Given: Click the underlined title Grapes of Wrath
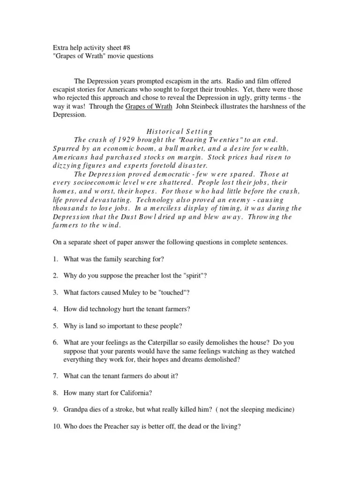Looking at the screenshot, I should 147,106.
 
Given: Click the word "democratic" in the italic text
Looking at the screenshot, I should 154,173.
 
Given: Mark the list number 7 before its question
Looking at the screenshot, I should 55,376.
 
